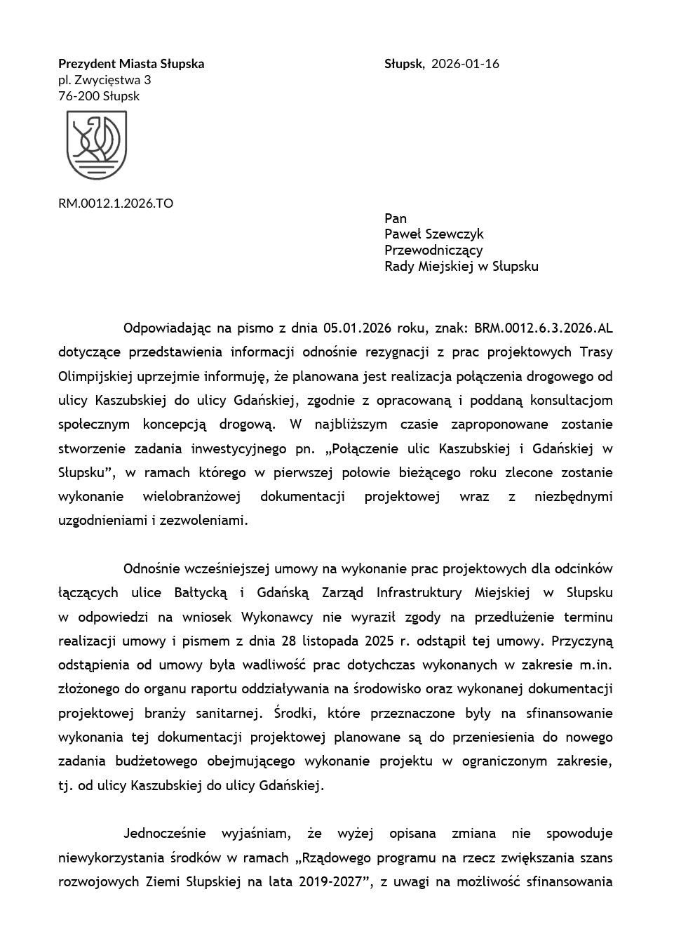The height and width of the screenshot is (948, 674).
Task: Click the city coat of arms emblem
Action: click(x=97, y=145)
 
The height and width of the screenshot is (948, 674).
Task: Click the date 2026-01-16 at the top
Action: click(x=465, y=64)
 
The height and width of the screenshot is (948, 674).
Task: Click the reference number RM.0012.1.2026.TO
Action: click(x=116, y=203)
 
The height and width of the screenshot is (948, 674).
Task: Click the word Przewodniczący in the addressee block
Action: click(x=433, y=251)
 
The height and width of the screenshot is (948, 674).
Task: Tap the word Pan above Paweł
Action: click(x=396, y=218)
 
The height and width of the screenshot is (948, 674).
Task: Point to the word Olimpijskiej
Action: click(x=96, y=376)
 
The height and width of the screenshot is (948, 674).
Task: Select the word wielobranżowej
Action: click(x=191, y=497)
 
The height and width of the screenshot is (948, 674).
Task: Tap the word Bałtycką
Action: click(x=201, y=593)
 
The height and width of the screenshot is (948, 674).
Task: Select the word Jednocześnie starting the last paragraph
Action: click(x=164, y=834)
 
